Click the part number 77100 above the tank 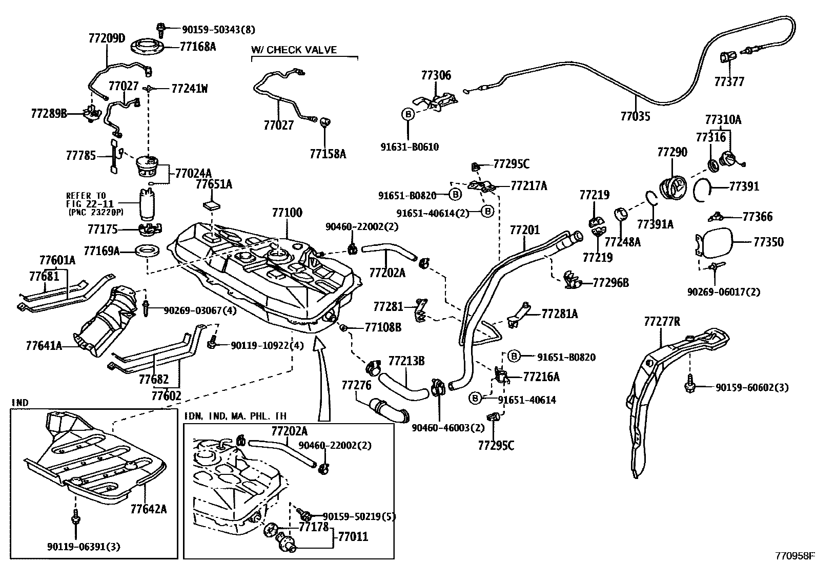tap(287, 212)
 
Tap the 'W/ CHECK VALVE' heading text tap(294, 50)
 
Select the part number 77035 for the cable tap(635, 116)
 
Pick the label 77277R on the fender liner tap(662, 321)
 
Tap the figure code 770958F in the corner tap(794, 555)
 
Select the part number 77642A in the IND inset tap(149, 509)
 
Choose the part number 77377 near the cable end tap(729, 81)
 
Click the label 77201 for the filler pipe tap(524, 230)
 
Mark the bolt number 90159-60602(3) tap(752, 388)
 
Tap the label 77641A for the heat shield tap(44, 346)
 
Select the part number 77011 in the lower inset tap(353, 536)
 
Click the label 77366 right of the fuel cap tap(758, 217)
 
